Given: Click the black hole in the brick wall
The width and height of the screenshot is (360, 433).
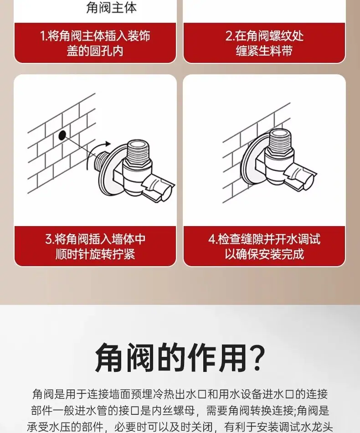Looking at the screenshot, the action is coord(62,135).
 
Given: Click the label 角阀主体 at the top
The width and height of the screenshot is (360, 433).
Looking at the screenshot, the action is coord(111,7).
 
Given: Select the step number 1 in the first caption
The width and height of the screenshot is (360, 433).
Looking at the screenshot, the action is coord(43,36).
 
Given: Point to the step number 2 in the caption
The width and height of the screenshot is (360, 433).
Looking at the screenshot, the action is coord(229,36).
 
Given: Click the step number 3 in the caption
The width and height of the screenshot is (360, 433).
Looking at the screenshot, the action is coord(49,239).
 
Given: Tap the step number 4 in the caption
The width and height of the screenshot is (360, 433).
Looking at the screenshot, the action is coord(212,239).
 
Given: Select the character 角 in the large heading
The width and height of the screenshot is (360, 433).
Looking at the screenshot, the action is coord(108,357).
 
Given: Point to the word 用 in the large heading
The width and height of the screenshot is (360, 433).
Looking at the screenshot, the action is coord(232,357).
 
